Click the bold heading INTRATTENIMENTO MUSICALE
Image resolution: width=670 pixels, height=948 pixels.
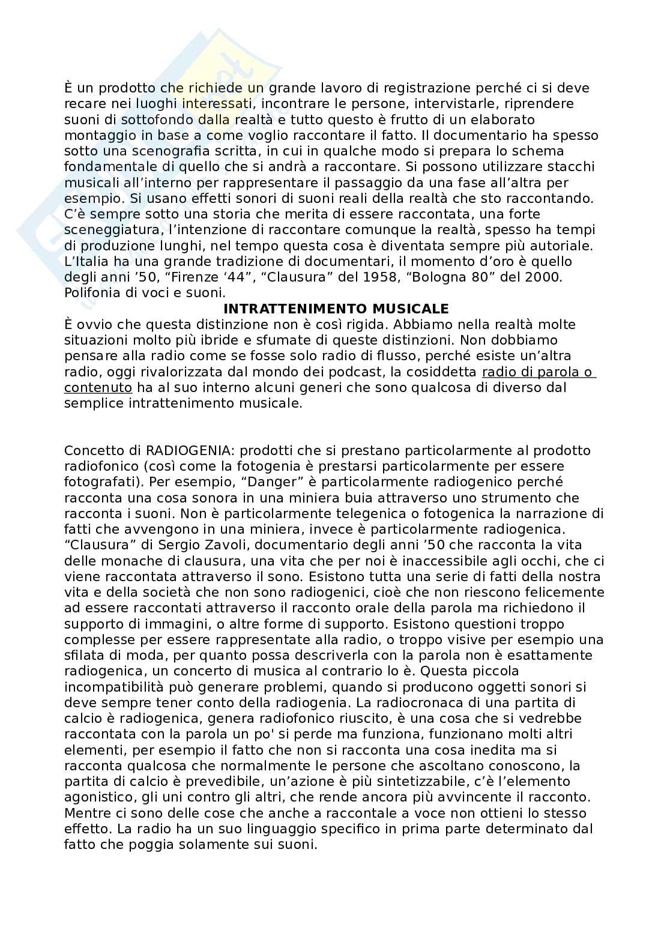(x=336, y=309)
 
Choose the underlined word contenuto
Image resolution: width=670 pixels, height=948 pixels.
(x=98, y=388)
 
